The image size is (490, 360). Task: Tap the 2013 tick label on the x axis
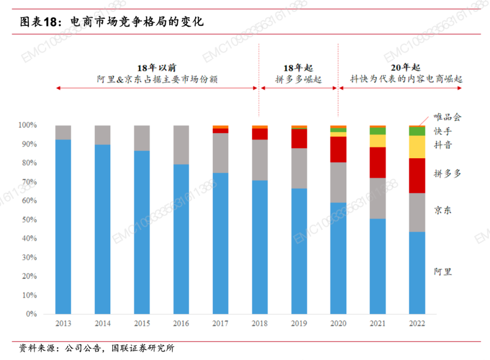coord(64,323)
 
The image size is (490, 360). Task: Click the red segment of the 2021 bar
coord(377,162)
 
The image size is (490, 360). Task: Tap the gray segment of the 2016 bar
coord(181,145)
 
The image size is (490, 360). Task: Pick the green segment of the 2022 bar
coord(417,131)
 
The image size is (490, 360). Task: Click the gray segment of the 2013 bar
coord(64,132)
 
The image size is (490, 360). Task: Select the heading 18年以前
coord(157,68)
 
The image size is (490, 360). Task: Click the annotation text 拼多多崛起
coord(298,79)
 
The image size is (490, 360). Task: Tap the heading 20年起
coord(406,68)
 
